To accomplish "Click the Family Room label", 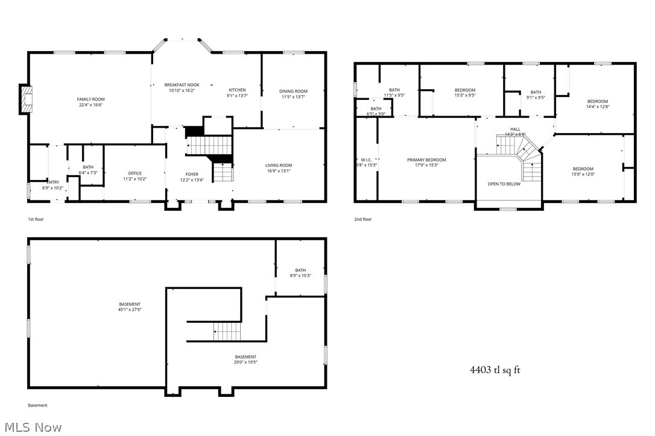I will coord(90,99).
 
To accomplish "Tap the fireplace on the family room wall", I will coord(27,100).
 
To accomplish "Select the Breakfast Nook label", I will coord(182,85).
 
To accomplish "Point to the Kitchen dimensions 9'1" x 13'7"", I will coord(236,95).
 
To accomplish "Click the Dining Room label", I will coord(293,92).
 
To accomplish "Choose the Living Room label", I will coord(279,166).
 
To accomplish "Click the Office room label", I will coord(134,173).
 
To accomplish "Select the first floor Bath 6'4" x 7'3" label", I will coord(88,167).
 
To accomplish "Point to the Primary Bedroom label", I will coord(426,160).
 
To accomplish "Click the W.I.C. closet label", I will coord(365,160).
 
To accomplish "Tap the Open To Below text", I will coord(504,184).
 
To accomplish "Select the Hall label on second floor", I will coord(515,129).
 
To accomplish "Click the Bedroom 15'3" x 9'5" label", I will coord(464,90).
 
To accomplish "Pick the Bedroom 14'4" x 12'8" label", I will coord(597,101).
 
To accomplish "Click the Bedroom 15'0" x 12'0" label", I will coord(583,169).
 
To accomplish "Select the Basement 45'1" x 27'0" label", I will coord(130,304).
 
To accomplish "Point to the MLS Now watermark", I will coord(31,427).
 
